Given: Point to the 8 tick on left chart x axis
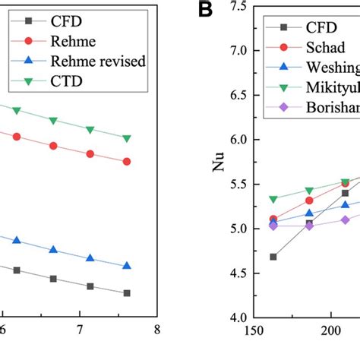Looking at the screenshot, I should tap(156, 330).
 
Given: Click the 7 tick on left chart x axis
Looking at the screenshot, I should tap(80, 330).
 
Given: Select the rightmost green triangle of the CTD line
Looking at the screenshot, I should tap(127, 138).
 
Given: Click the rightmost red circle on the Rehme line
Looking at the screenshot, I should tap(127, 161).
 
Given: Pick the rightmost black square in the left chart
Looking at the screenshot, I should tap(127, 293).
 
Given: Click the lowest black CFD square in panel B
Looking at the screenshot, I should tap(273, 257).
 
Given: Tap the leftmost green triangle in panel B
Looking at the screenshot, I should tap(273, 199).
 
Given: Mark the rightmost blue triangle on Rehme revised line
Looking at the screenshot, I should tap(127, 266).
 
